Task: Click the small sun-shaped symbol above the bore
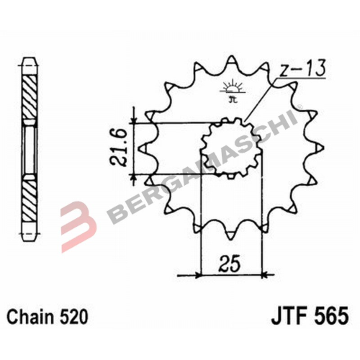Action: [x=232, y=91]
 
